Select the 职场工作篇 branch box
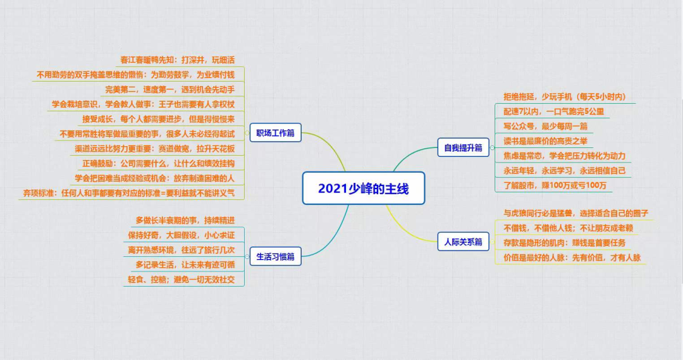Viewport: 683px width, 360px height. click(x=275, y=133)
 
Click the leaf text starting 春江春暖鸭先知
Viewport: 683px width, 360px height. click(x=178, y=60)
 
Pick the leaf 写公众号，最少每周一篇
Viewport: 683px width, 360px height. click(x=545, y=126)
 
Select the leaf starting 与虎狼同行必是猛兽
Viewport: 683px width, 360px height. click(x=575, y=213)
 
